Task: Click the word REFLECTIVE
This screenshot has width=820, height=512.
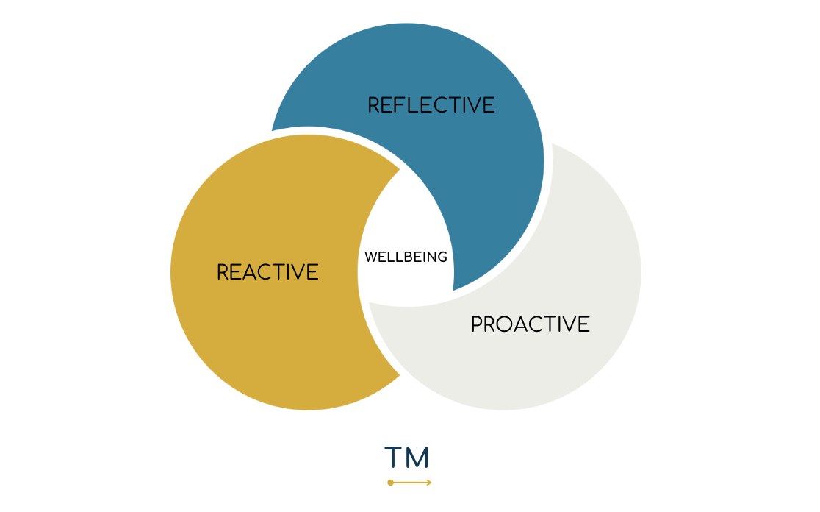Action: coord(431,105)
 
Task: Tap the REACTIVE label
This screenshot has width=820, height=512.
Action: coord(267,272)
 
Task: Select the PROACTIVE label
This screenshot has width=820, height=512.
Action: coord(530,324)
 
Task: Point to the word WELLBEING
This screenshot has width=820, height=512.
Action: coord(406,257)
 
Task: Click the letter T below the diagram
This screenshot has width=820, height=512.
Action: coord(395,458)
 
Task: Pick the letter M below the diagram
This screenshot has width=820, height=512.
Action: coord(417,458)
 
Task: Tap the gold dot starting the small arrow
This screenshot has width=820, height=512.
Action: coord(390,483)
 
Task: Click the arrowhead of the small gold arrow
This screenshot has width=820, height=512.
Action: coord(428,483)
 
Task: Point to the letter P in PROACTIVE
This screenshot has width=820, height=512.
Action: coord(477,324)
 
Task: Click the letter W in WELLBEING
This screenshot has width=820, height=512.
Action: coord(370,257)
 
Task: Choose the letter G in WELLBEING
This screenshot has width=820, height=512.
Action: coord(442,257)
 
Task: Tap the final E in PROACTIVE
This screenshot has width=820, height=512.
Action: coord(584,324)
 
